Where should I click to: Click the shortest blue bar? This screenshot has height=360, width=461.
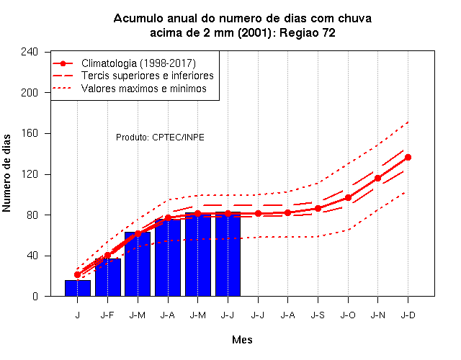point(78,288)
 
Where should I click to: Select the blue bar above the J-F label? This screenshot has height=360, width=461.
point(108,277)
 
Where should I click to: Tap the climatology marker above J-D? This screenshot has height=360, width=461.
point(408,158)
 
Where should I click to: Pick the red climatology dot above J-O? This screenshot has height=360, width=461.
point(348,198)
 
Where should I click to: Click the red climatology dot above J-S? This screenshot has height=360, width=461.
point(318,208)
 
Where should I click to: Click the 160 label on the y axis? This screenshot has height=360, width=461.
point(30,133)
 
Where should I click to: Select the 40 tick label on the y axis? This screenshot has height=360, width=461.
point(32,256)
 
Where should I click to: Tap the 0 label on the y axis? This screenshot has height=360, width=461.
point(35,296)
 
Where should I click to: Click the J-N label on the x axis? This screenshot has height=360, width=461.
point(377,315)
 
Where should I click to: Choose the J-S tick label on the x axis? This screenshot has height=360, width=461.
point(318,315)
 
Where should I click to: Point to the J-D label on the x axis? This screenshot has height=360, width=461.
point(408,315)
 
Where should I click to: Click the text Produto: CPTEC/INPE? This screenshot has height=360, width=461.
point(160,138)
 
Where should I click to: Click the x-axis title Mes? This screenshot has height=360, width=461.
point(242,340)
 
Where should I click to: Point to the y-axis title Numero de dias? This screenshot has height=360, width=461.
point(6,173)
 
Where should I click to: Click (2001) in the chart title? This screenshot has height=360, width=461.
point(254,32)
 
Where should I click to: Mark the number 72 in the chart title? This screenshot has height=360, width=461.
point(328,32)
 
